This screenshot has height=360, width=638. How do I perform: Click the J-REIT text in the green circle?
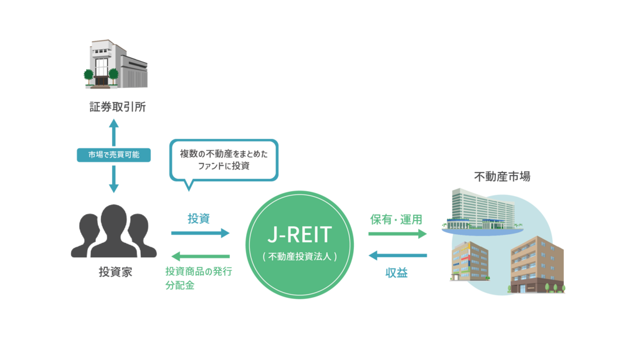click(x=300, y=235)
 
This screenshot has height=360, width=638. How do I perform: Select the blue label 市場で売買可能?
click(x=113, y=154)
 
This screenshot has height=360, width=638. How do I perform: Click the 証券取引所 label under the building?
click(x=118, y=107)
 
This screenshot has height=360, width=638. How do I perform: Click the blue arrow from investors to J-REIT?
click(x=200, y=234)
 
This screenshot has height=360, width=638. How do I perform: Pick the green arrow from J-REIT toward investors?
click(x=200, y=256)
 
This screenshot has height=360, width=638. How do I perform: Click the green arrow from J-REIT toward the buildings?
click(x=398, y=234)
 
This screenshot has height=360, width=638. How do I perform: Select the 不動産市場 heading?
click(x=502, y=177)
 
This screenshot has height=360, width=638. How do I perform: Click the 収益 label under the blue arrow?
click(x=397, y=272)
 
